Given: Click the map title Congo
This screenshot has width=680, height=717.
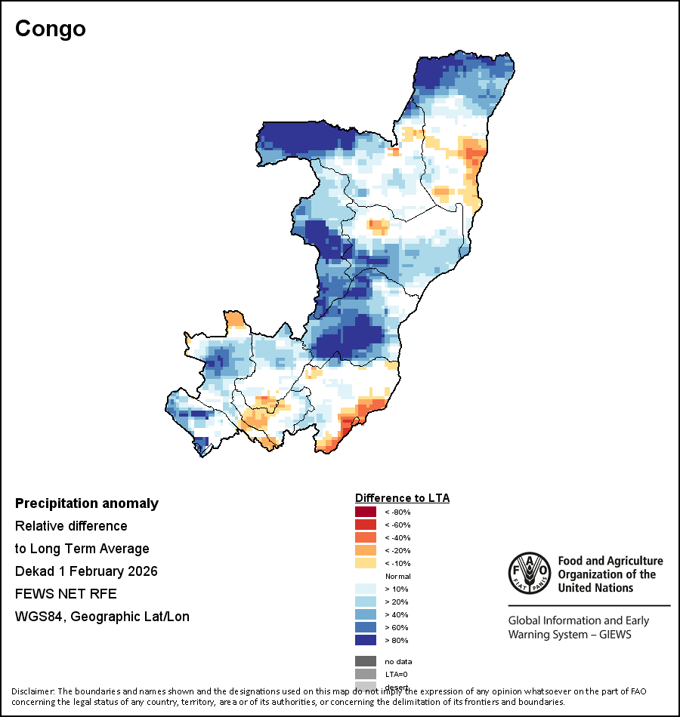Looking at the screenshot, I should (51, 29).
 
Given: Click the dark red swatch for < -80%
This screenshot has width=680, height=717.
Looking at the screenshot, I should (366, 512).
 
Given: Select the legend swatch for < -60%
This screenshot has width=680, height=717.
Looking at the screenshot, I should (366, 525).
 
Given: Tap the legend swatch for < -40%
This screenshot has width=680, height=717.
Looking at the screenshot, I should (366, 538).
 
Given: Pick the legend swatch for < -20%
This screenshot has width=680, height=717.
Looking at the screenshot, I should (366, 551).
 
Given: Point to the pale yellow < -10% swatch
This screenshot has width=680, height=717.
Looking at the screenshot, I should (366, 564).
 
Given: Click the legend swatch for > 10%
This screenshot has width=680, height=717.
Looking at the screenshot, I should (366, 589).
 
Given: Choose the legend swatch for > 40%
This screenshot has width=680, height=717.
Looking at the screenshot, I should (366, 614).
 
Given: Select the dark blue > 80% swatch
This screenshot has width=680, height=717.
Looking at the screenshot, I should (366, 640).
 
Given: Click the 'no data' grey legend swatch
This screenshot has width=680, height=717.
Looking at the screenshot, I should (366, 661).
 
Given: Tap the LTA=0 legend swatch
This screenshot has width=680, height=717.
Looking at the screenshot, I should (366, 674).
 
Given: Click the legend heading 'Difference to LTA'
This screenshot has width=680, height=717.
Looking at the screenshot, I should (402, 498).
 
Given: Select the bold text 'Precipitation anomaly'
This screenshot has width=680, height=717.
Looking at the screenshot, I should (87, 503).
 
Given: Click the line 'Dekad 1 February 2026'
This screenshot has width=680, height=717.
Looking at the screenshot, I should (86, 571).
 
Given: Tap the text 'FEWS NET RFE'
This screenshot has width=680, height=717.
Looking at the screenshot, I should (66, 594).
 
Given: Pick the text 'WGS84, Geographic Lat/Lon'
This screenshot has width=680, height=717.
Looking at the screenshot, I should (102, 617).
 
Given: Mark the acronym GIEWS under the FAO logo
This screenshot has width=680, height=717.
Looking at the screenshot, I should (613, 634).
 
